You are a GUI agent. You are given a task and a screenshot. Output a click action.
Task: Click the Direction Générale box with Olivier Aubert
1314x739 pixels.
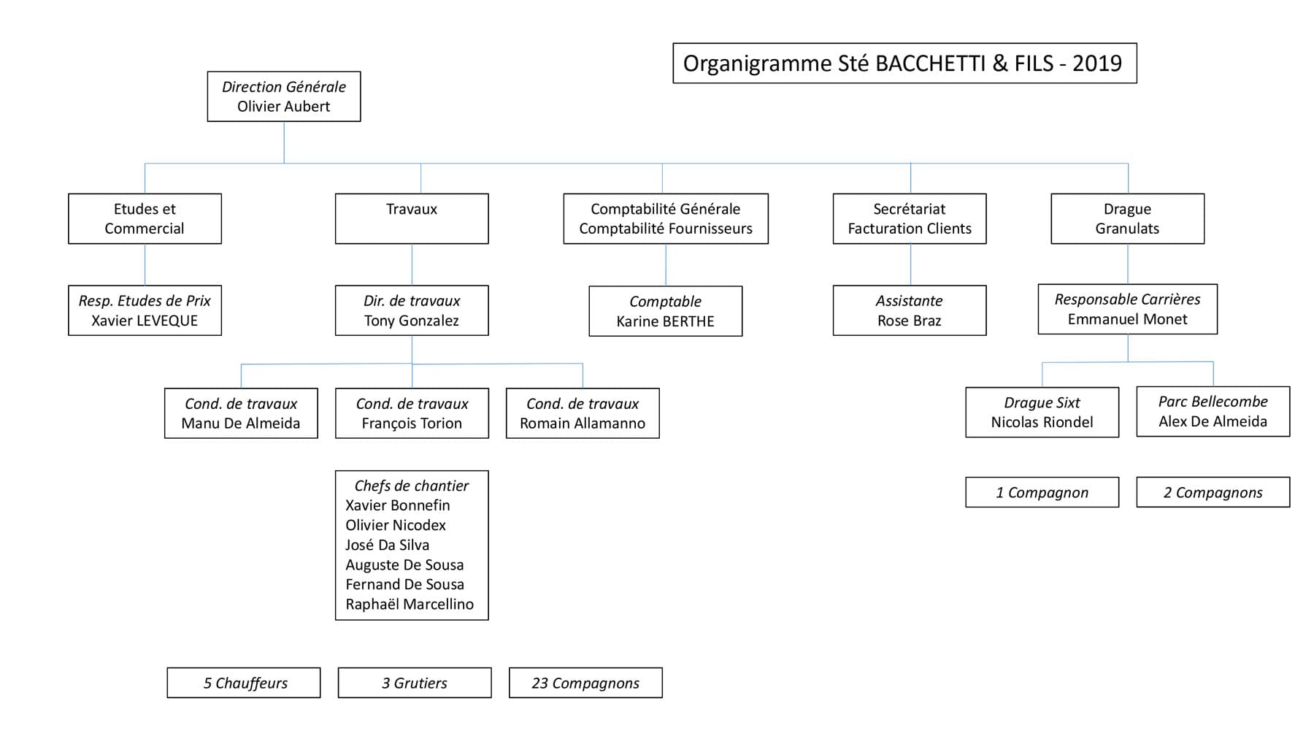[x=283, y=96]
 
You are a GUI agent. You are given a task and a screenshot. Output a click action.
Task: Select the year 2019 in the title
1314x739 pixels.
[x=1096, y=64]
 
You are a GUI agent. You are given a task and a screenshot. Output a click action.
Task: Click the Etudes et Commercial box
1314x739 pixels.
[x=145, y=218]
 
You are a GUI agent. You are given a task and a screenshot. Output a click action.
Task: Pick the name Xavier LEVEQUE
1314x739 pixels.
[x=145, y=321]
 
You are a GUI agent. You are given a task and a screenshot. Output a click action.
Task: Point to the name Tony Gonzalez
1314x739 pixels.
[x=412, y=321]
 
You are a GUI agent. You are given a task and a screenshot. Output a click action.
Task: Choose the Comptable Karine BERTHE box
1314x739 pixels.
[x=665, y=311]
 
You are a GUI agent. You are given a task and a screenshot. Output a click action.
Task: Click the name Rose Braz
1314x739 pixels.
[x=909, y=321]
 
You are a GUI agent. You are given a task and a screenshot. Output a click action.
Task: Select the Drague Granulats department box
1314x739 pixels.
[x=1127, y=218]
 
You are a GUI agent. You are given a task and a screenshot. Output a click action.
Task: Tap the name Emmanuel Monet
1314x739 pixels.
[x=1127, y=319]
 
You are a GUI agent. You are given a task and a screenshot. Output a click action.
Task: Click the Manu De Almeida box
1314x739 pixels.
[x=241, y=413]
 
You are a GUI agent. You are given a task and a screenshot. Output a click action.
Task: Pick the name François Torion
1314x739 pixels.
[x=412, y=424]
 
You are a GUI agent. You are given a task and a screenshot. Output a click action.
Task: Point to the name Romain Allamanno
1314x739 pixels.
[x=583, y=424]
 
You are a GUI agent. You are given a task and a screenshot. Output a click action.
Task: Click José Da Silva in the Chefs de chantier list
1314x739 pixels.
[x=388, y=545]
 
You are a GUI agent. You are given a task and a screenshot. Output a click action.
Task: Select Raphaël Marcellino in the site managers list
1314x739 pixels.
[x=410, y=604]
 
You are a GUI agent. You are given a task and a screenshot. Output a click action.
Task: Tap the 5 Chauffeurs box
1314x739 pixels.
[x=244, y=683]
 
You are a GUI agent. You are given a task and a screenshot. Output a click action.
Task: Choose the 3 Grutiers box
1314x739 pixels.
[x=415, y=683]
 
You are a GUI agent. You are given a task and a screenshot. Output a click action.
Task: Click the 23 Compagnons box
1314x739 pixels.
[x=585, y=683]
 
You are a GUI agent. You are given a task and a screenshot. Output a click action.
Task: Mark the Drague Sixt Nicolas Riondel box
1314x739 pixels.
[x=1042, y=413]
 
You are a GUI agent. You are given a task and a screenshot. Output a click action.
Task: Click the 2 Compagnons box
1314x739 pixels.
[x=1213, y=492]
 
